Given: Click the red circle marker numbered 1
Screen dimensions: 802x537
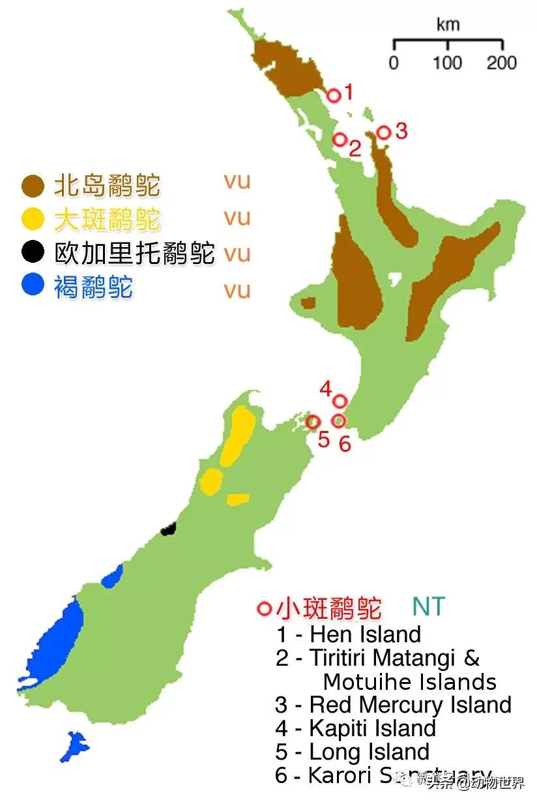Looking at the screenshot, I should pyautogui.click(x=334, y=96).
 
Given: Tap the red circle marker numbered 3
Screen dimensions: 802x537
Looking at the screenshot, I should pyautogui.click(x=384, y=133).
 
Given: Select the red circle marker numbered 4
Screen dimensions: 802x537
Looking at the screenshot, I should pyautogui.click(x=340, y=401).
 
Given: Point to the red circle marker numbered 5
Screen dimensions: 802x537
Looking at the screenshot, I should pyautogui.click(x=313, y=422).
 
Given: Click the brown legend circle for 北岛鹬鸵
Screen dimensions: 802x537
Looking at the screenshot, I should pyautogui.click(x=33, y=186).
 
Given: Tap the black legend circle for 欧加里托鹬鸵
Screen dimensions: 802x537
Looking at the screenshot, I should pyautogui.click(x=33, y=252).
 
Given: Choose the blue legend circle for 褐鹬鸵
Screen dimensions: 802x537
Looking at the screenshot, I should pyautogui.click(x=33, y=285).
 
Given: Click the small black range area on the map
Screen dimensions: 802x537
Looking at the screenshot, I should pyautogui.click(x=169, y=528).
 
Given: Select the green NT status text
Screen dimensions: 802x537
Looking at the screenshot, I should pyautogui.click(x=428, y=607).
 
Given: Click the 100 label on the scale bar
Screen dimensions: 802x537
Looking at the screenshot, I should pyautogui.click(x=448, y=63).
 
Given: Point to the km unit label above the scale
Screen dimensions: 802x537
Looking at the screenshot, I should pyautogui.click(x=448, y=25).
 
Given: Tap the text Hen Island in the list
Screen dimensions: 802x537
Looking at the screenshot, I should pyautogui.click(x=365, y=634).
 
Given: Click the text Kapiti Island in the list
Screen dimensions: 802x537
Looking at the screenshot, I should pyautogui.click(x=372, y=728).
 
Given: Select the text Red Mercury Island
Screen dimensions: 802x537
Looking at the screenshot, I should pyautogui.click(x=410, y=705).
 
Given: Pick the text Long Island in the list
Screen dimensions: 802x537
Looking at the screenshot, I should pyautogui.click(x=369, y=751).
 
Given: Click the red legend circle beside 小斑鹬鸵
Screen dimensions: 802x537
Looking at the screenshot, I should pyautogui.click(x=265, y=608).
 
